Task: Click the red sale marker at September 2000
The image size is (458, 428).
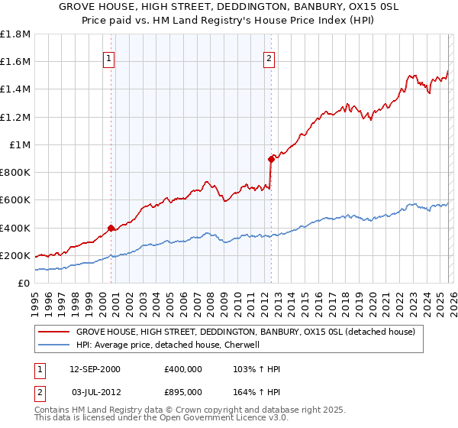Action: pyautogui.click(x=111, y=227)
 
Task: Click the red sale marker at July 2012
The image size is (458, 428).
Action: pyautogui.click(x=270, y=159)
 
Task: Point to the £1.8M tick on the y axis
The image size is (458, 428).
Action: pyautogui.click(x=15, y=34)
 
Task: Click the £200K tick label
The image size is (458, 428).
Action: pyautogui.click(x=15, y=255)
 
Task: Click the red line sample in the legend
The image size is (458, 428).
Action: pyautogui.click(x=53, y=332)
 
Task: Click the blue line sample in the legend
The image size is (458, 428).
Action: pyautogui.click(x=53, y=345)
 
